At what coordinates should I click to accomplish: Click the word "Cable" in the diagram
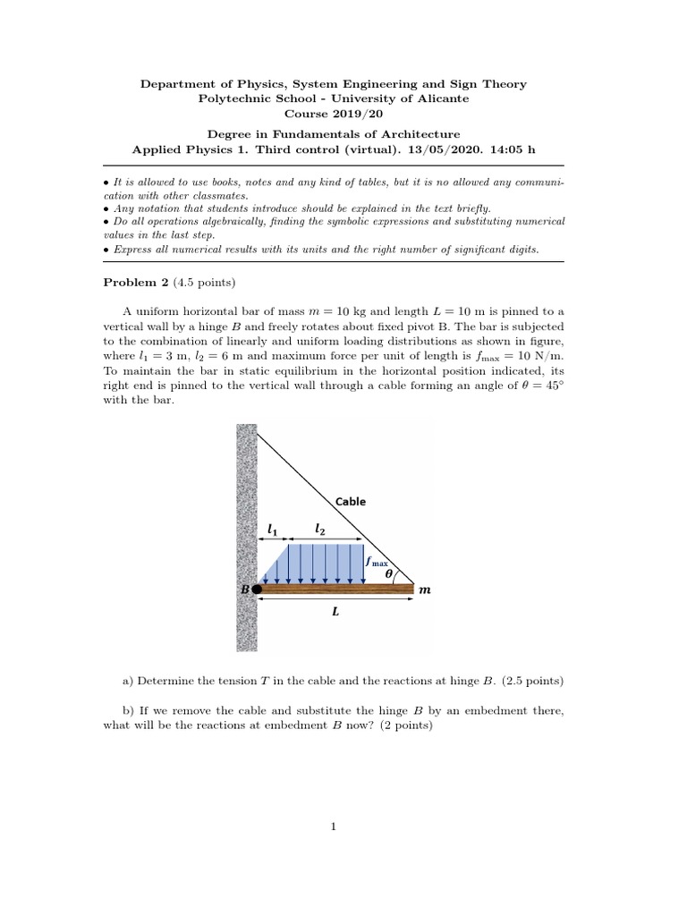coord(351,502)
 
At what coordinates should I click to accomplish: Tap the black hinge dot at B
coord(257,589)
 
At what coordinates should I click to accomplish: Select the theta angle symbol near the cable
coord(389,576)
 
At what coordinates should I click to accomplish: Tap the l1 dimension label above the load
coord(272,530)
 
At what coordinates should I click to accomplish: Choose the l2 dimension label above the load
coord(320,530)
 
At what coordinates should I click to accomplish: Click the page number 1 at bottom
coord(334,826)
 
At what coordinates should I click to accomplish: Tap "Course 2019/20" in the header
coord(334,114)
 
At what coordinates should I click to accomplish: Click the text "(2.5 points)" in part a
coord(532,681)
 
